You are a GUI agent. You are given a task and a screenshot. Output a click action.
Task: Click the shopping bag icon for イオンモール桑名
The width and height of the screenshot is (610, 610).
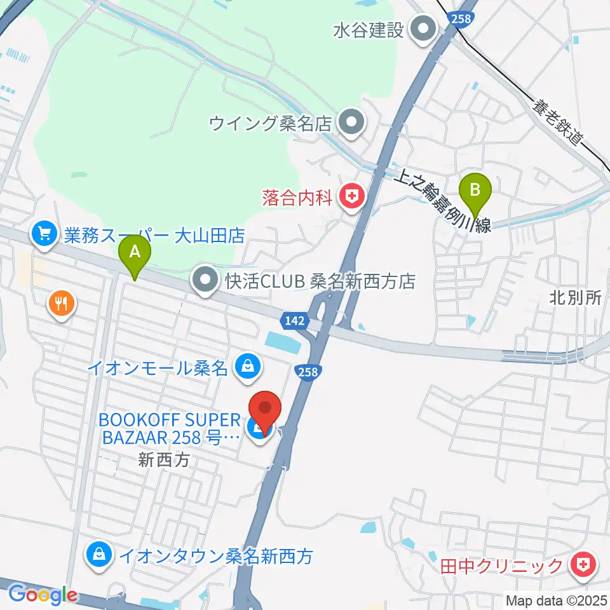tap(247, 366)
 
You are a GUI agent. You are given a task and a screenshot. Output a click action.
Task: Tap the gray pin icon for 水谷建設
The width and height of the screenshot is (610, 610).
tap(421, 30)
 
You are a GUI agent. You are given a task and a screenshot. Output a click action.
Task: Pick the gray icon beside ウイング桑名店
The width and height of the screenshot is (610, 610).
tap(350, 122)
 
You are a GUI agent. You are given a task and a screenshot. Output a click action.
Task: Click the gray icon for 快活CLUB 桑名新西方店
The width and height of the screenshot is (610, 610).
tap(206, 280)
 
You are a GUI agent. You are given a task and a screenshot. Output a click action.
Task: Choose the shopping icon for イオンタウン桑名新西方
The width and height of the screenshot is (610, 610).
tap(100, 556)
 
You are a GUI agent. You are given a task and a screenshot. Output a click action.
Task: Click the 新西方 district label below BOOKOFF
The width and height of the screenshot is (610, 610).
tap(165, 460)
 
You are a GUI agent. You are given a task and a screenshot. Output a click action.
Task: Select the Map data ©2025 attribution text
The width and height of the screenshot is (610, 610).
tap(556, 599)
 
